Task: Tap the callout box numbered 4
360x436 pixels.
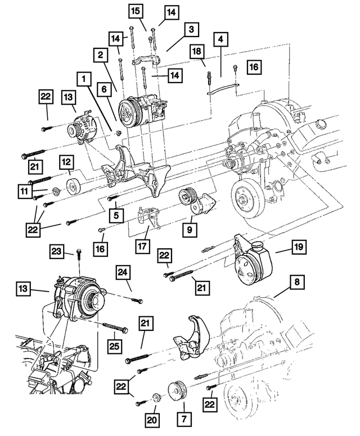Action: [220, 39]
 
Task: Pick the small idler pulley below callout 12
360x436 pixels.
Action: [72, 186]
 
